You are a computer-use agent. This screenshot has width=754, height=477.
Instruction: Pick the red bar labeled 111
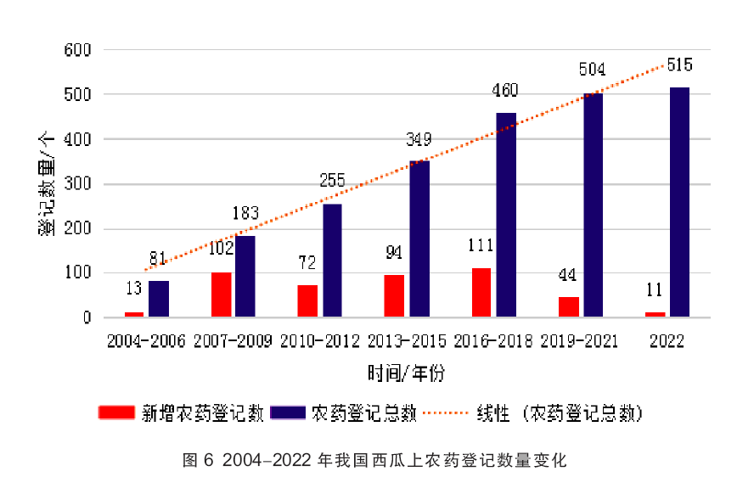(481, 293)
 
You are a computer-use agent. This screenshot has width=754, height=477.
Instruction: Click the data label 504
(593, 70)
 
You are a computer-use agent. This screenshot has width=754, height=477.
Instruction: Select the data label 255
(332, 180)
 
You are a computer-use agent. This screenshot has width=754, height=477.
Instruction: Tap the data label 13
(133, 289)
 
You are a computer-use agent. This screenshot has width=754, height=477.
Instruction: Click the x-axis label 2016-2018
(493, 340)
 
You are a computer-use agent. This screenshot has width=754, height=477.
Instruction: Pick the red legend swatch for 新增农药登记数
(116, 413)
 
